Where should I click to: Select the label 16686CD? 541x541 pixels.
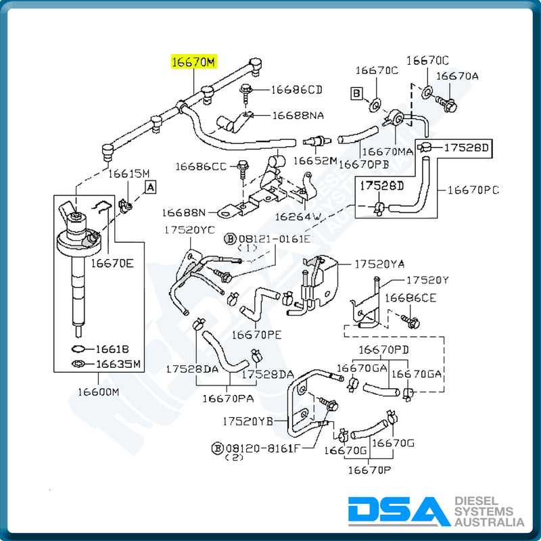297,89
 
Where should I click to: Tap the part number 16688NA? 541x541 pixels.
298,116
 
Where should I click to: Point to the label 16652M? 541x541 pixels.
314,160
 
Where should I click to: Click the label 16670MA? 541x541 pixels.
386,151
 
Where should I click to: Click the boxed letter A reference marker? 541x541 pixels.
150,185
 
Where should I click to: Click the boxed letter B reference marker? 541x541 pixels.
356,93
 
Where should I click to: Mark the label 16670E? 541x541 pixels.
112,262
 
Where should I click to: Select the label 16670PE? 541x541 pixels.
256,334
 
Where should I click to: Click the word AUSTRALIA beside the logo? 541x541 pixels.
488,523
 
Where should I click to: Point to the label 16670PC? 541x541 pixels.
473,190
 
